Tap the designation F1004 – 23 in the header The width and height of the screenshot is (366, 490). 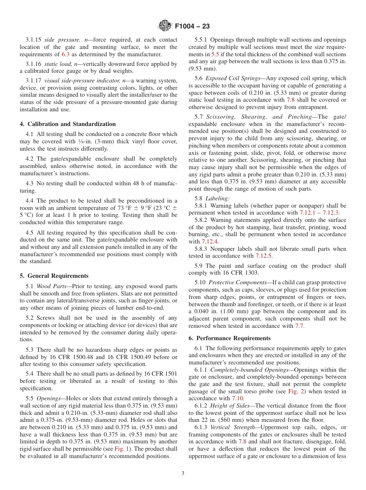tap(192, 27)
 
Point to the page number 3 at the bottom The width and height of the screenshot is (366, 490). tap(183, 473)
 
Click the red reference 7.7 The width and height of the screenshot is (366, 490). tap(299, 326)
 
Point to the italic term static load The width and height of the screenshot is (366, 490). tap(57, 64)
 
